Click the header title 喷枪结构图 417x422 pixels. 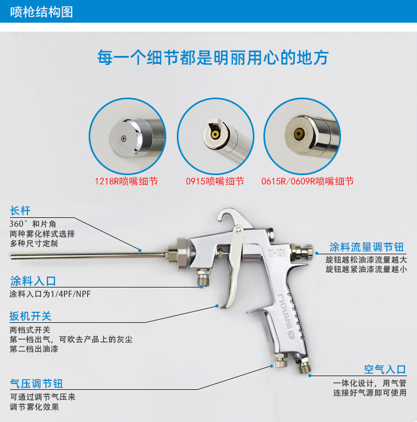point(42,12)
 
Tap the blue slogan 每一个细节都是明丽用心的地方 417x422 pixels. point(213,57)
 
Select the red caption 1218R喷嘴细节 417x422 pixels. point(126,181)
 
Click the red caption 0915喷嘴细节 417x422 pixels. point(215,181)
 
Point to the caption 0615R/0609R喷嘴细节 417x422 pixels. point(307,181)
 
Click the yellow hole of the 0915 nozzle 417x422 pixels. point(215,135)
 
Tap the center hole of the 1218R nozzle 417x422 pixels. point(124,139)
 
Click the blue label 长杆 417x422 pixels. point(20,210)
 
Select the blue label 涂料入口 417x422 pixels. point(33,281)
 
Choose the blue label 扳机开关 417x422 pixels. point(31,316)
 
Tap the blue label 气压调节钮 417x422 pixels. point(36,383)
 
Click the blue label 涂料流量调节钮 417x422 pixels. point(367,247)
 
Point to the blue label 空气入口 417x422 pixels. point(385,370)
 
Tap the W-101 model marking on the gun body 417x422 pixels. point(276,253)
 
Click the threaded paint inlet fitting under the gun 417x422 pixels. point(203,278)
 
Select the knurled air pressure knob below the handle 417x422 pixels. point(280,361)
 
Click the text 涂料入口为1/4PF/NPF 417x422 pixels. point(50,294)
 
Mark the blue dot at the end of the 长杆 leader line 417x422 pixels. point(140,251)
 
